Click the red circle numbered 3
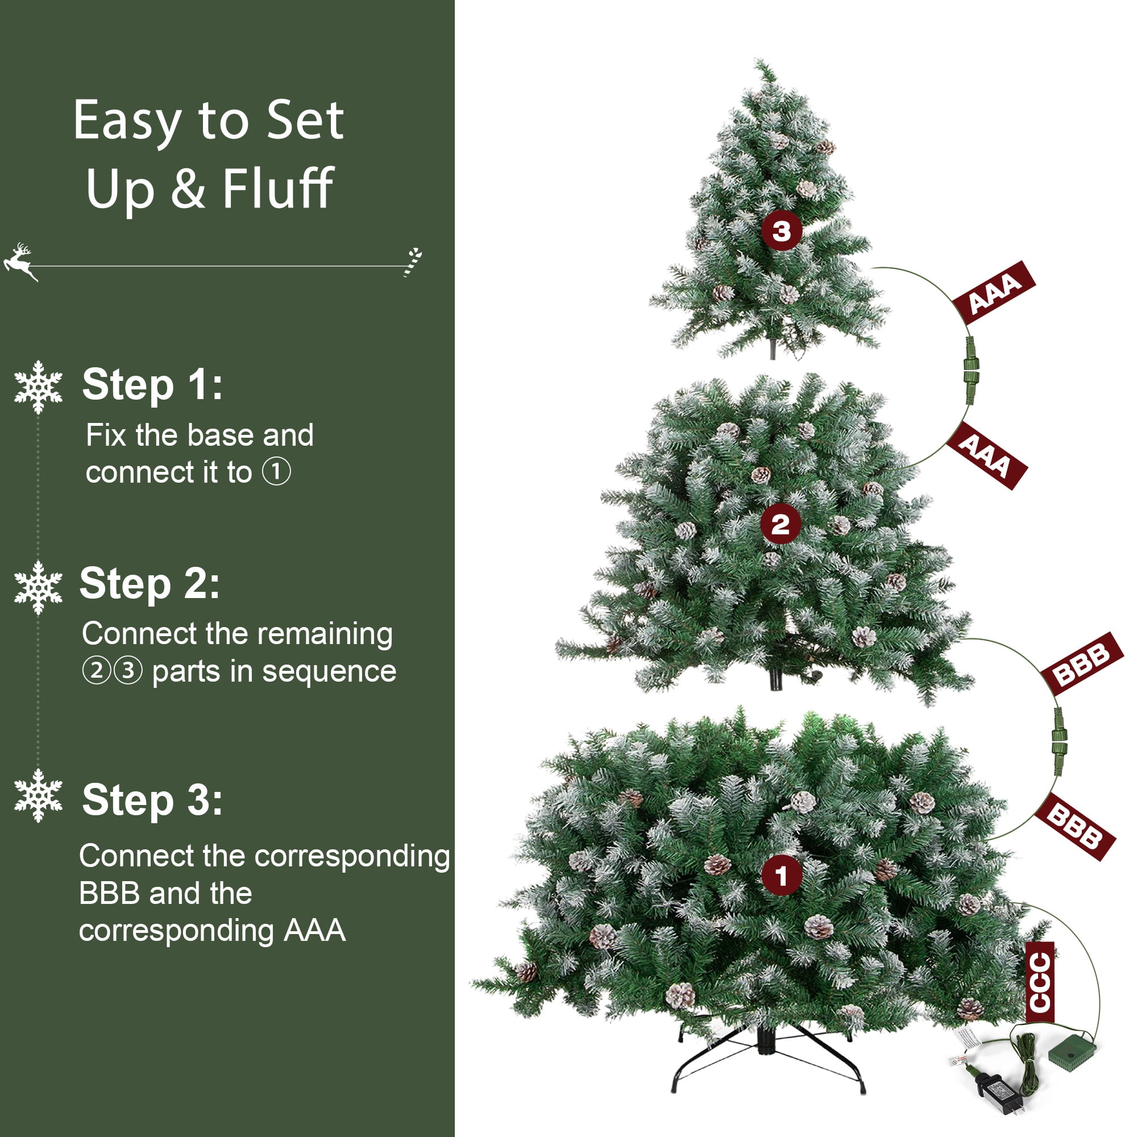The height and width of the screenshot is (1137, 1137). tap(781, 231)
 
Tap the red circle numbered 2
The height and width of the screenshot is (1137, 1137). tap(780, 524)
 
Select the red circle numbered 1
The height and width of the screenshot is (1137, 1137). tap(781, 875)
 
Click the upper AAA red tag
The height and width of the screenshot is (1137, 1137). tap(993, 292)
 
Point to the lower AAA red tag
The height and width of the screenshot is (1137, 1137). tap(986, 455)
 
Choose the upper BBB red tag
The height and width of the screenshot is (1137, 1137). tap(1082, 663)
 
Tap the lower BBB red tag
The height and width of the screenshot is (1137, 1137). tap(1074, 827)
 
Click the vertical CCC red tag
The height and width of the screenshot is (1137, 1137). tap(1039, 982)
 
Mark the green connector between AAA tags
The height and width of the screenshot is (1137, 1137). tap(970, 370)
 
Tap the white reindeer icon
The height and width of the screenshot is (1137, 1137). tap(19, 261)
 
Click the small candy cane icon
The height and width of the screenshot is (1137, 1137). tap(413, 262)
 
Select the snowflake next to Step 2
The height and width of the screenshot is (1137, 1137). tap(38, 587)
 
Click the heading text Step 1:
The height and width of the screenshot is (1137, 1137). tap(152, 385)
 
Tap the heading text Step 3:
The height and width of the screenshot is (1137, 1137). tap(152, 800)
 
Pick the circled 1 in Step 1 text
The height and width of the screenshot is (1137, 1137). tap(276, 472)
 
